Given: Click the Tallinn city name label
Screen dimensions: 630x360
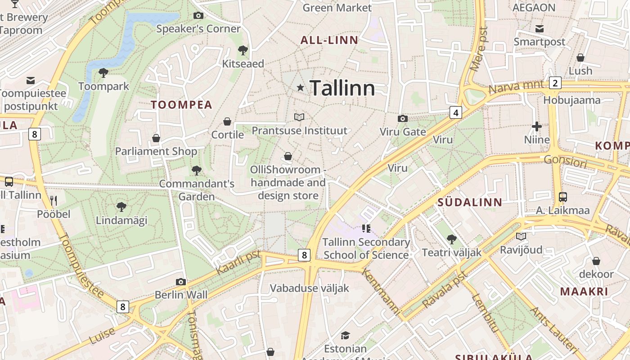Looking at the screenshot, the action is pyautogui.click(x=342, y=88).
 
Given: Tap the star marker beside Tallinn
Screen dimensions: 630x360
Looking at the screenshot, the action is pyautogui.click(x=300, y=87).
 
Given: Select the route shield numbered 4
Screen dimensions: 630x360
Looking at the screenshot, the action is pyautogui.click(x=456, y=112).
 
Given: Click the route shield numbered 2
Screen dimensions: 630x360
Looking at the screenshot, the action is pyautogui.click(x=555, y=83).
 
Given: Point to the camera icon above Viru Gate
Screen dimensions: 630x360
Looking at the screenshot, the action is pyautogui.click(x=403, y=118).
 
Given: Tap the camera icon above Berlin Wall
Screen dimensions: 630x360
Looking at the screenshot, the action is pyautogui.click(x=181, y=282).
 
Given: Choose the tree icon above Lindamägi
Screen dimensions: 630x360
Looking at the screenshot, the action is pyautogui.click(x=121, y=207).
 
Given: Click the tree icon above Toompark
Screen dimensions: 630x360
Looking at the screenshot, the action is pyautogui.click(x=103, y=72).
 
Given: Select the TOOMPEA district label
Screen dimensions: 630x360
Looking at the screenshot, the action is pyautogui.click(x=181, y=105).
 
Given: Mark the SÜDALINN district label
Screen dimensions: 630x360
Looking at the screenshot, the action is pyautogui.click(x=470, y=202).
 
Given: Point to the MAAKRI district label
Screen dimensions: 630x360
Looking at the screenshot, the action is pyautogui.click(x=584, y=291).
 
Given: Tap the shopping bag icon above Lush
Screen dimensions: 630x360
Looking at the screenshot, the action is pyautogui.click(x=580, y=58).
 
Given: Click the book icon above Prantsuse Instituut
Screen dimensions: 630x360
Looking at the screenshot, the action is pyautogui.click(x=299, y=117).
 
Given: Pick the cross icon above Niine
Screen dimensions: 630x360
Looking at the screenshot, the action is pyautogui.click(x=537, y=126).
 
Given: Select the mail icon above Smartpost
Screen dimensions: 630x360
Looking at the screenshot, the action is pyautogui.click(x=540, y=29).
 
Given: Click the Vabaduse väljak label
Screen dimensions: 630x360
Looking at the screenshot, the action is pyautogui.click(x=310, y=288).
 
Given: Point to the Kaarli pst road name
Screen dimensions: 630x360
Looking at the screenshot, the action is pyautogui.click(x=238, y=263).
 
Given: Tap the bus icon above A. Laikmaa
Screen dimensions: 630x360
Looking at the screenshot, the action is pyautogui.click(x=562, y=197).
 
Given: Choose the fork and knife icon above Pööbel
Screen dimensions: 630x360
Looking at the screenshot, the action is pyautogui.click(x=54, y=200).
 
